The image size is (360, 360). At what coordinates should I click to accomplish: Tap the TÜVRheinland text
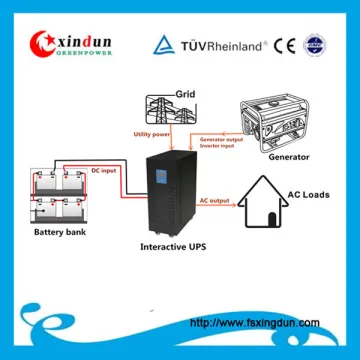click(x=221, y=44)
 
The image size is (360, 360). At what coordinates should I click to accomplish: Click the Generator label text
click(x=290, y=157)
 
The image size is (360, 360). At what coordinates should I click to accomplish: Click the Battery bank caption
click(x=59, y=233)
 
